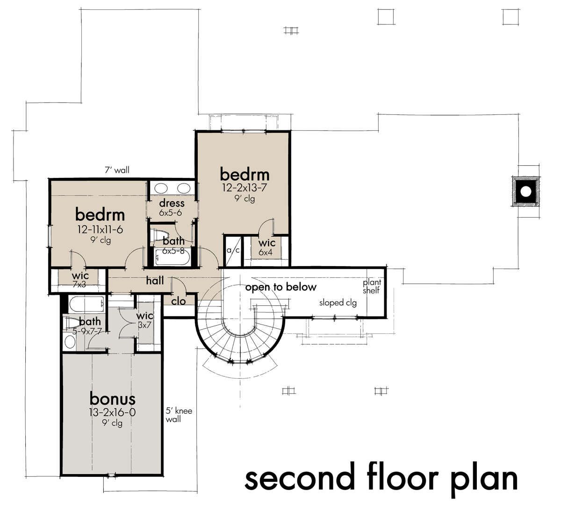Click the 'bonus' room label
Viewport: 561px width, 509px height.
[112, 399]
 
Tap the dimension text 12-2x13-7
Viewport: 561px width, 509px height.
[245, 188]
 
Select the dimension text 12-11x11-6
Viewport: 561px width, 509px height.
[100, 230]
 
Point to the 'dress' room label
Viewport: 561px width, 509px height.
[172, 203]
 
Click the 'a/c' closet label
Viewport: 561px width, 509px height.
[233, 250]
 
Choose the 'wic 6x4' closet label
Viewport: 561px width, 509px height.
[266, 247]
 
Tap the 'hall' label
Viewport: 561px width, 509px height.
[155, 281]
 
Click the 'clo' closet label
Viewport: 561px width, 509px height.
[179, 301]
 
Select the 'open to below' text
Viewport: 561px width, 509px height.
[281, 287]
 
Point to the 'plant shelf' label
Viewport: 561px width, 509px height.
[372, 287]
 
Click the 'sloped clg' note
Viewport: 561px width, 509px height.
[338, 303]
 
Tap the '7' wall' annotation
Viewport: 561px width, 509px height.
[117, 170]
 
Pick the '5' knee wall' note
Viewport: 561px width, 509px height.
[179, 415]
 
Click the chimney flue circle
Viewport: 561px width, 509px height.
[526, 191]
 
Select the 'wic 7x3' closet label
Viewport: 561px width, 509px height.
[80, 280]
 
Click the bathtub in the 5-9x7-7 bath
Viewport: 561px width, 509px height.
[86, 304]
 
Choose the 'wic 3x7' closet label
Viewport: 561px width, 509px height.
[144, 320]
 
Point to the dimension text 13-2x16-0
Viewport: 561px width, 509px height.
[112, 412]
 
